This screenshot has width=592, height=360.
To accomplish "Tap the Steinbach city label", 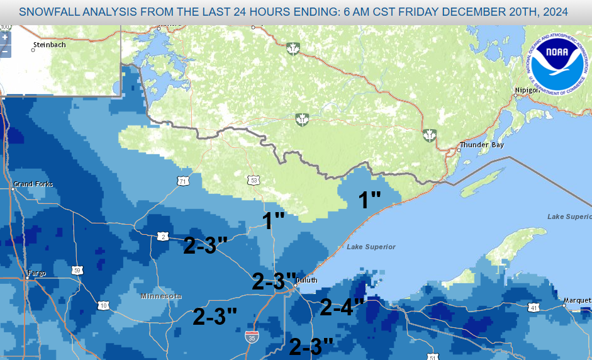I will (50, 45).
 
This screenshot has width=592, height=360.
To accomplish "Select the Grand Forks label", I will (33, 184).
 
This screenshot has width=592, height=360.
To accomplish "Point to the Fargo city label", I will (36, 275).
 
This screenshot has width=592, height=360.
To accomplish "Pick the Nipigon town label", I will (527, 91).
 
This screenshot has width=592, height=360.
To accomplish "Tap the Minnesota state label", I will (161, 296).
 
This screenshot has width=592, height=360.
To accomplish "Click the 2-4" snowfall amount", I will (342, 307).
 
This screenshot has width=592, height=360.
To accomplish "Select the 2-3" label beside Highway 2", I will (205, 245).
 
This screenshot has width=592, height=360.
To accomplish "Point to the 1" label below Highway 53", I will (274, 220).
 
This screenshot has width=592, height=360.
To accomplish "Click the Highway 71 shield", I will (182, 181).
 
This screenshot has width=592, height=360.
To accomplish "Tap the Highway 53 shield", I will (254, 180).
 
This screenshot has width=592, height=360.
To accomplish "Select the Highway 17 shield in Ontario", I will (292, 48).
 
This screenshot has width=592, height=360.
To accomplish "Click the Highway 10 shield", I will (103, 305).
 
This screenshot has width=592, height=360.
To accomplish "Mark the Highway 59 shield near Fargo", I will (77, 270).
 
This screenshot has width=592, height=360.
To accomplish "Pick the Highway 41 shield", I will (533, 308).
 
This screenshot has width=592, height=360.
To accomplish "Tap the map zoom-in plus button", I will (5, 38).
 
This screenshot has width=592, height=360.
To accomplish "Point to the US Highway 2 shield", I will (162, 236).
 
